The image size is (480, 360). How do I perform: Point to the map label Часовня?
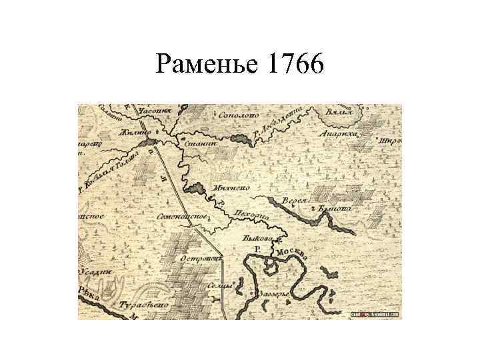tap(155, 110)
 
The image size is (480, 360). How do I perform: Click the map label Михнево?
tap(231, 189)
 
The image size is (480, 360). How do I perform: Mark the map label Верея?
tap(294, 200)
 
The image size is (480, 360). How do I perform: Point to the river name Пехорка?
tap(251, 215)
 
